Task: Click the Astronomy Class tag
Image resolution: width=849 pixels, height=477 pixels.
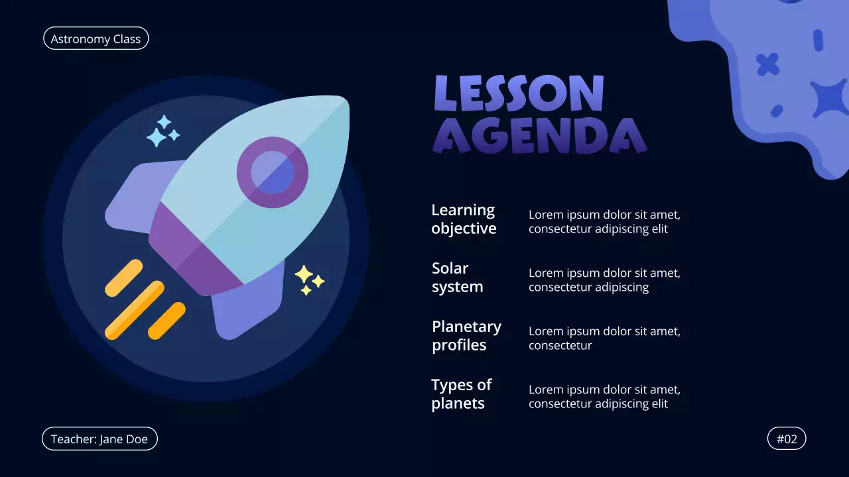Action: [x=96, y=38]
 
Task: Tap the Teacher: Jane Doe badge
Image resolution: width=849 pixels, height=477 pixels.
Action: [x=99, y=439]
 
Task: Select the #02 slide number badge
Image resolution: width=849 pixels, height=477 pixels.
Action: [x=787, y=439]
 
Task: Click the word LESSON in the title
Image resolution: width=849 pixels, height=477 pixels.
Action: [x=519, y=93]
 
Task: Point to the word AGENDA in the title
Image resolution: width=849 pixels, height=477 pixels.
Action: [x=539, y=136]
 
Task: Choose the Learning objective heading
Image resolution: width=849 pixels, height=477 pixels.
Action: [x=464, y=219]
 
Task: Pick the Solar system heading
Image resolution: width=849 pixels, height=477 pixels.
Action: [x=457, y=278]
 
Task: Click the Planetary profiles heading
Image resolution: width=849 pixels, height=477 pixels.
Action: [x=466, y=336]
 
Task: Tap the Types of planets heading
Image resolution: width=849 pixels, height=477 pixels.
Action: [x=461, y=394]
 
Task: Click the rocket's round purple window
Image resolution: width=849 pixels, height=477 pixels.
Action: [x=273, y=172]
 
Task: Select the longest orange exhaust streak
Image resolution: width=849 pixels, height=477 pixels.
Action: [x=135, y=310]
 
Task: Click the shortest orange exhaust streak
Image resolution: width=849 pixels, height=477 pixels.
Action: [x=166, y=321]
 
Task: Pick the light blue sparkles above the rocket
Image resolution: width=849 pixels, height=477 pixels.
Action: [x=162, y=131]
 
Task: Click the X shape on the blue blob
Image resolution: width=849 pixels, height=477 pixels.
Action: [x=768, y=64]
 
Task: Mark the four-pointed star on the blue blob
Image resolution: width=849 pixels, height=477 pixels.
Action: [x=829, y=98]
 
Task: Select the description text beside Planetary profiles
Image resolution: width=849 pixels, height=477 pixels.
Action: [x=604, y=338]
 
